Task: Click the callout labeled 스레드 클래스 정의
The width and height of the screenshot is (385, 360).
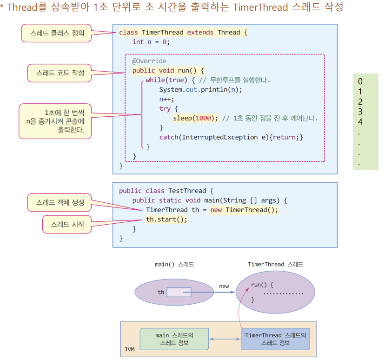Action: click(56, 33)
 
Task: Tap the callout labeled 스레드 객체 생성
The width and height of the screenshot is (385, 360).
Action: click(60, 202)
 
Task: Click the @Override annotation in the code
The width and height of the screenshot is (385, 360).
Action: click(149, 61)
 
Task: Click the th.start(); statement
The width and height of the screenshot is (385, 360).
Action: click(166, 219)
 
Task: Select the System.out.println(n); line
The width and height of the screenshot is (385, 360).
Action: click(200, 89)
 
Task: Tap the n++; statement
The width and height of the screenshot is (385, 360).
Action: click(166, 99)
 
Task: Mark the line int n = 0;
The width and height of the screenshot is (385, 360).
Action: click(151, 42)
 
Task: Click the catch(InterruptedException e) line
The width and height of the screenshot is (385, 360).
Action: click(231, 137)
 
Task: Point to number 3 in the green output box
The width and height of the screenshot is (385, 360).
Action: click(360, 112)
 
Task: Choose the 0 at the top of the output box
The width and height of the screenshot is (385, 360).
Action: click(360, 81)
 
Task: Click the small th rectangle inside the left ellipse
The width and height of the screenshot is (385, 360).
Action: click(179, 292)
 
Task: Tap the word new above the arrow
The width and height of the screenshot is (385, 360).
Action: click(224, 286)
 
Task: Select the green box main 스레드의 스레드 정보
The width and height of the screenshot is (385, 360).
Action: click(174, 339)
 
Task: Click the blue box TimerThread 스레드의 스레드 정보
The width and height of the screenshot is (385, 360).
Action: click(275, 339)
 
